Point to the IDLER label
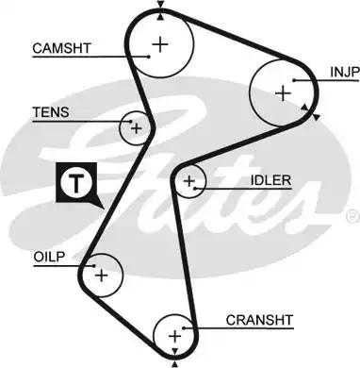click(271, 180)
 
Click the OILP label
click(50, 254)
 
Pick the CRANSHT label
click(259, 319)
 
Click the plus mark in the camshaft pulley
click(161, 42)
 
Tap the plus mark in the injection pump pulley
click(283, 92)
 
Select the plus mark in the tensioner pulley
click(137, 126)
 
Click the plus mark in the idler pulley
click(189, 179)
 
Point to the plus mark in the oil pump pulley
click(101, 275)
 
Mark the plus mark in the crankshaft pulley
click(174, 334)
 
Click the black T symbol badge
click(74, 183)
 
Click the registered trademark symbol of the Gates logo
click(352, 213)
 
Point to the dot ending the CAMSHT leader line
click(148, 56)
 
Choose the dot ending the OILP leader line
click(93, 267)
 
